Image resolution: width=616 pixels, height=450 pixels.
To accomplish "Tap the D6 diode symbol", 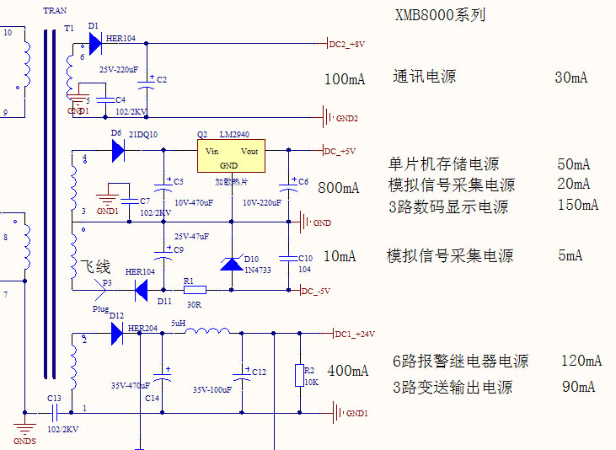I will coord(118,151).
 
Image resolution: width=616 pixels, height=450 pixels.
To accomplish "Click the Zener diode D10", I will coord(232,263).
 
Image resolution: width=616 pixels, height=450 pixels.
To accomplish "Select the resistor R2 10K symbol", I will coord(299,376).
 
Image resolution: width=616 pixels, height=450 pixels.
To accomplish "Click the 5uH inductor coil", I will coord(206,332).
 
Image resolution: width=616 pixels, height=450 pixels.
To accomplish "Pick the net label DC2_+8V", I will coord(347,44).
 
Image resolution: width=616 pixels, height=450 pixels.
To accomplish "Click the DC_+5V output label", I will coord(340,152).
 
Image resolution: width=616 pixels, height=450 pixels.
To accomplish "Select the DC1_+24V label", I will coord(355,335).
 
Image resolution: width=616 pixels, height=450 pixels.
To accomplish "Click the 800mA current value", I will coord(339,188).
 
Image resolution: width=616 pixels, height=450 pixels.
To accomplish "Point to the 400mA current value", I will coord(348,371).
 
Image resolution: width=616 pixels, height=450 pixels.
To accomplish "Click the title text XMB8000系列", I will coord(440,15).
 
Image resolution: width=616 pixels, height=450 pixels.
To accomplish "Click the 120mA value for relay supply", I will coord(581,361).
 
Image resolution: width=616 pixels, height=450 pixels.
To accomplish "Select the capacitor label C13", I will coord(54,398).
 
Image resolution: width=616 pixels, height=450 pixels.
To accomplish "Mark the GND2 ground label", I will coord(348,118).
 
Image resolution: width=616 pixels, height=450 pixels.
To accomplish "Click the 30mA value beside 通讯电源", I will coord(571,78).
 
